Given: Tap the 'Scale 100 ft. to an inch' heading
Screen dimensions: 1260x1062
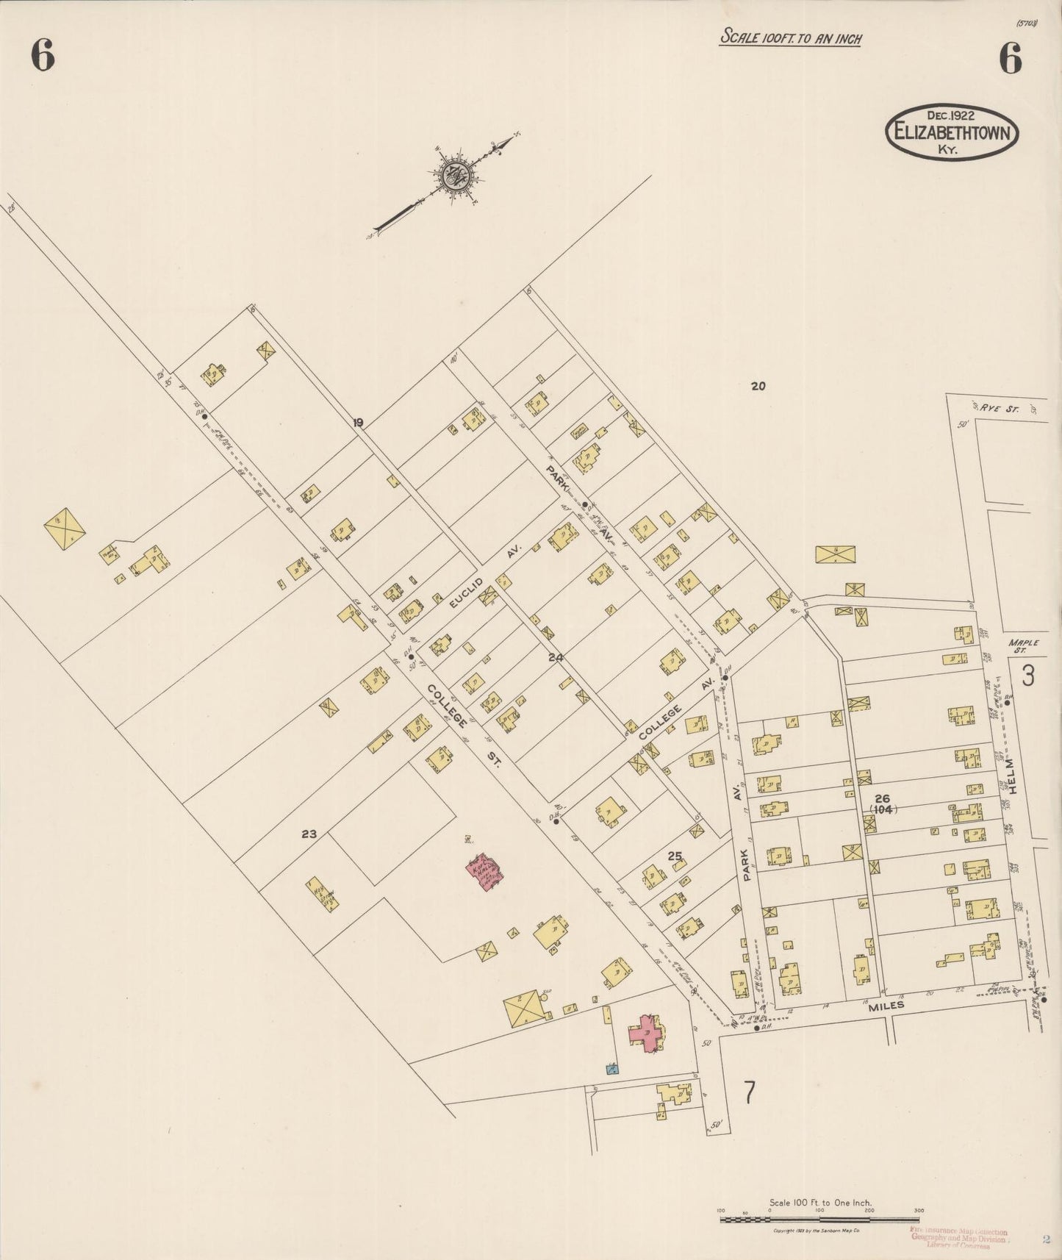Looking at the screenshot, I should coord(790,37).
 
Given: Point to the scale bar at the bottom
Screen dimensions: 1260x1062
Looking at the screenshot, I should coord(819,1219).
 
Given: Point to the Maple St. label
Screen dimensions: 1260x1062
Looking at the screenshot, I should coord(1025,646).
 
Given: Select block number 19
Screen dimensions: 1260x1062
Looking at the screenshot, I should coord(358,423).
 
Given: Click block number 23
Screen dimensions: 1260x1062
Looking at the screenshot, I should coord(309,834).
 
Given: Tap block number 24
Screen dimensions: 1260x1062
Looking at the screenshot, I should coord(556,658).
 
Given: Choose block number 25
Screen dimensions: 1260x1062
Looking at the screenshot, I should coord(675,856).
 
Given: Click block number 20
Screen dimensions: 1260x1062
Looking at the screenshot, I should coord(758,385).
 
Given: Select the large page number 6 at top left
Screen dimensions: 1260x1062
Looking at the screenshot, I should coord(43,57).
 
